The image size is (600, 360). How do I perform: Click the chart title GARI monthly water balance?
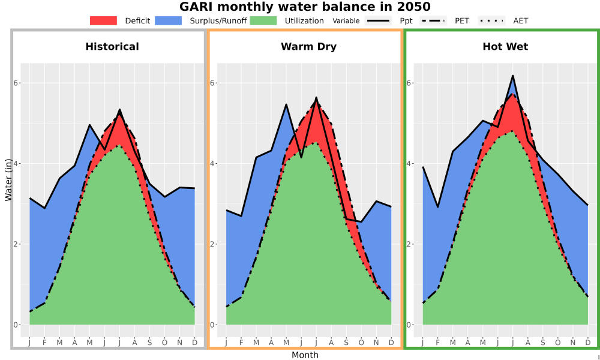click(x=305, y=7)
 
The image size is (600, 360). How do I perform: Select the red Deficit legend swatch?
click(x=103, y=20)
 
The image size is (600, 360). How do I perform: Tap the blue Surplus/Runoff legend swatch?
click(x=169, y=20)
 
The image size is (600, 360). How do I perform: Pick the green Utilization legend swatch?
click(x=263, y=20)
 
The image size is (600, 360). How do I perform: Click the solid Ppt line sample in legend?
click(x=377, y=20)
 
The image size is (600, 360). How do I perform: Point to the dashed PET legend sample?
click(x=433, y=20)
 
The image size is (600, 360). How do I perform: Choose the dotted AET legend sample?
click(x=491, y=20)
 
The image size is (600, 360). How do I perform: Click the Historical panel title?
click(x=112, y=47)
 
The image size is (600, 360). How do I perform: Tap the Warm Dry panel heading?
click(x=308, y=47)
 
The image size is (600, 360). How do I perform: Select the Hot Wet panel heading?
click(x=505, y=47)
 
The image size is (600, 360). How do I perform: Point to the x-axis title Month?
click(x=305, y=355)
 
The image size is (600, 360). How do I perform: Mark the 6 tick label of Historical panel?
click(x=16, y=83)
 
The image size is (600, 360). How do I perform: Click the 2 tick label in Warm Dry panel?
click(x=213, y=244)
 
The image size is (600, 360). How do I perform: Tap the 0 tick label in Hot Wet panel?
click(x=409, y=325)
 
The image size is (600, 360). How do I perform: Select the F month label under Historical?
click(x=44, y=343)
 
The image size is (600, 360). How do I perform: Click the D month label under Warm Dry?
click(x=391, y=343)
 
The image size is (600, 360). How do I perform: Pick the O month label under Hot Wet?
click(x=557, y=343)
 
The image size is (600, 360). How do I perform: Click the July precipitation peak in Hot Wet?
click(x=512, y=76)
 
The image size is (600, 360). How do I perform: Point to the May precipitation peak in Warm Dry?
click(x=286, y=104)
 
